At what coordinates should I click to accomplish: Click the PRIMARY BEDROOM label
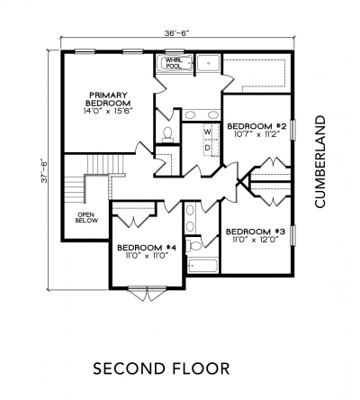pyautogui.click(x=108, y=99)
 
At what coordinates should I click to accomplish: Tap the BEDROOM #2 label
pyautogui.click(x=255, y=126)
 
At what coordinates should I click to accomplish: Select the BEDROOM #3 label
pyautogui.click(x=255, y=232)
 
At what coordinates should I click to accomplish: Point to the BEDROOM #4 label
pyautogui.click(x=146, y=248)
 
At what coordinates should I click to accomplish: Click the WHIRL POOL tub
pyautogui.click(x=175, y=63)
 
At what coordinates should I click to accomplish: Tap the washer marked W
pyautogui.click(x=208, y=132)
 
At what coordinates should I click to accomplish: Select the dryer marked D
pyautogui.click(x=208, y=148)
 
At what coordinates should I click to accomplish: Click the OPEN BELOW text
pyautogui.click(x=86, y=218)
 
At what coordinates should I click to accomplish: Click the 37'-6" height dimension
pyautogui.click(x=45, y=171)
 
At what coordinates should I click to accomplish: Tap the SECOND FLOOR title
pyautogui.click(x=161, y=368)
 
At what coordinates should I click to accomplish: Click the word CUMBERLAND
pyautogui.click(x=319, y=161)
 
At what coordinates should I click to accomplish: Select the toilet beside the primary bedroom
pyautogui.click(x=167, y=134)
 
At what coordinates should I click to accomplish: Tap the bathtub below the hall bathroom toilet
pyautogui.click(x=202, y=266)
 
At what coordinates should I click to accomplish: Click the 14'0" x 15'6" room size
pyautogui.click(x=108, y=111)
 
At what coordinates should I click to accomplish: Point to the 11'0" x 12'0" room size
pyautogui.click(x=255, y=240)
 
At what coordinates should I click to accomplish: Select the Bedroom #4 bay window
pyautogui.click(x=147, y=293)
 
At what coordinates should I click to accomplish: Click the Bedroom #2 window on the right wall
pyautogui.click(x=293, y=130)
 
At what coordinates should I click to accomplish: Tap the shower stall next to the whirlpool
pyautogui.click(x=208, y=63)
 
